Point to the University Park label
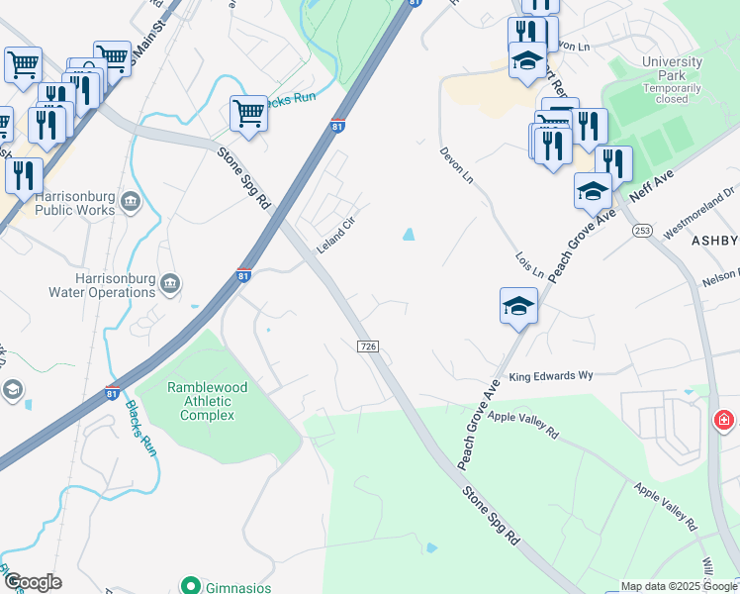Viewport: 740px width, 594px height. click(x=672, y=79)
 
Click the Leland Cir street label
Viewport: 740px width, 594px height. click(x=336, y=235)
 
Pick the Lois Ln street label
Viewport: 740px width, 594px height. click(x=529, y=264)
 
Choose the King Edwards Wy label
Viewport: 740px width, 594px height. click(x=550, y=376)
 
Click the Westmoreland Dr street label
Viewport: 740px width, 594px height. click(x=699, y=213)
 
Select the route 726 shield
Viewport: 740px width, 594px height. click(x=367, y=345)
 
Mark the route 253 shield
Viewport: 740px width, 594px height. click(x=642, y=231)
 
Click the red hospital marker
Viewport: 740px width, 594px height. click(x=725, y=421)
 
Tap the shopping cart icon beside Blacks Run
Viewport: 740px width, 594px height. click(x=248, y=113)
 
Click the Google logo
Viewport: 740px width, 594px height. click(x=32, y=582)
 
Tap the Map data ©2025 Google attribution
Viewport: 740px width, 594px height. click(x=680, y=586)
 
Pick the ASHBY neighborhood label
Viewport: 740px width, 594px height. click(x=714, y=241)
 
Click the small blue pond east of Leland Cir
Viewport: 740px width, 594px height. click(x=408, y=235)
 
